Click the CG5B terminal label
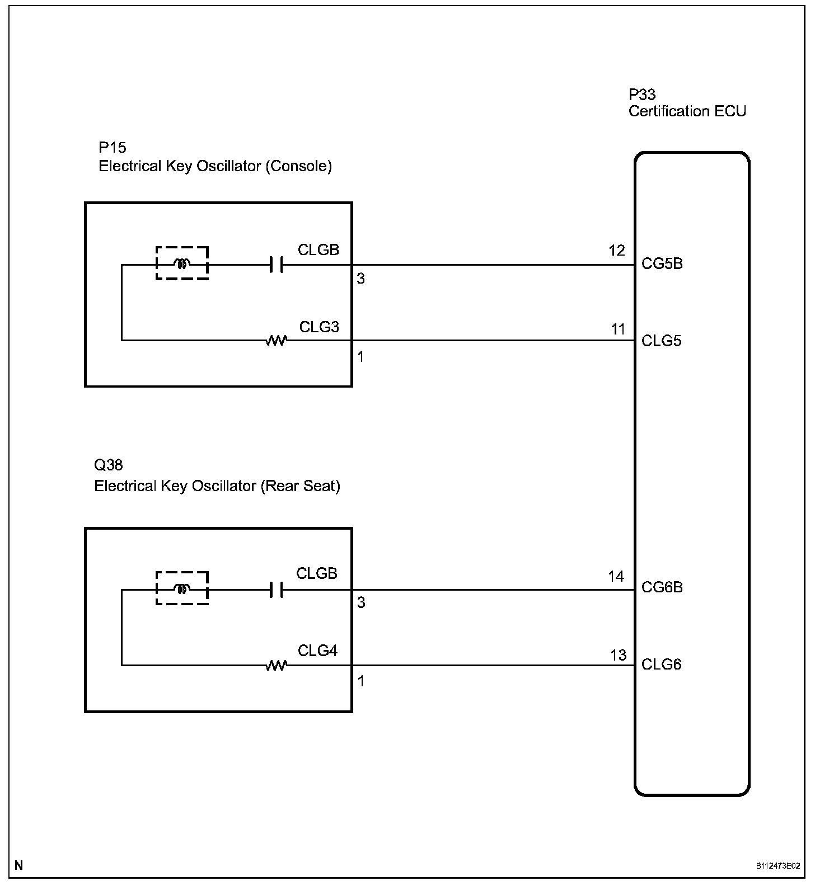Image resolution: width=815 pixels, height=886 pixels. pyautogui.click(x=662, y=263)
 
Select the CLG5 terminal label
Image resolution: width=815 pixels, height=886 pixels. pyautogui.click(x=661, y=341)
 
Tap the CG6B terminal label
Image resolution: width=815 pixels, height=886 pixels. pyautogui.click(x=662, y=587)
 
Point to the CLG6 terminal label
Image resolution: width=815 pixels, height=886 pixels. pyautogui.click(x=661, y=664)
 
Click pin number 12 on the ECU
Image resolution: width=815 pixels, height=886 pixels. pyautogui.click(x=617, y=251)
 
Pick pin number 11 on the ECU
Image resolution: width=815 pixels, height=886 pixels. pyautogui.click(x=618, y=329)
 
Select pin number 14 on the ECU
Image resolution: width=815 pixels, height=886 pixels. pyautogui.click(x=616, y=576)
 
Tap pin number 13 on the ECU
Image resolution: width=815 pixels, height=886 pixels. pyautogui.click(x=618, y=655)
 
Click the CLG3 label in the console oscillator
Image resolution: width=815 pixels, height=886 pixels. pyautogui.click(x=319, y=327)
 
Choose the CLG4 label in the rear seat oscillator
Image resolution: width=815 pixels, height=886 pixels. pyautogui.click(x=317, y=651)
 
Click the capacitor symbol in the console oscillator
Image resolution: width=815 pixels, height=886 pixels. pyautogui.click(x=276, y=265)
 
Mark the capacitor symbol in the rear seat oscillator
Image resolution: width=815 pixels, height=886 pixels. pyautogui.click(x=276, y=590)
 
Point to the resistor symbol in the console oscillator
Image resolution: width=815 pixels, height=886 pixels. pyautogui.click(x=277, y=340)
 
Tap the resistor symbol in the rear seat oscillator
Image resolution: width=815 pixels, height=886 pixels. pyautogui.click(x=277, y=665)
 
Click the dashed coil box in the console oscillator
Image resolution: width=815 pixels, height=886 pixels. pyautogui.click(x=182, y=263)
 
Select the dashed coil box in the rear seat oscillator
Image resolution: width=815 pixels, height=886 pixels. pyautogui.click(x=182, y=588)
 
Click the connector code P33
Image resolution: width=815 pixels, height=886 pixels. pyautogui.click(x=642, y=95)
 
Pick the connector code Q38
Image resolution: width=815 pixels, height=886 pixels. pyautogui.click(x=109, y=465)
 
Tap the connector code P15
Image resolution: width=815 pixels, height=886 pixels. pyautogui.click(x=113, y=147)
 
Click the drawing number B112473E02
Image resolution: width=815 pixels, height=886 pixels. pyautogui.click(x=777, y=866)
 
